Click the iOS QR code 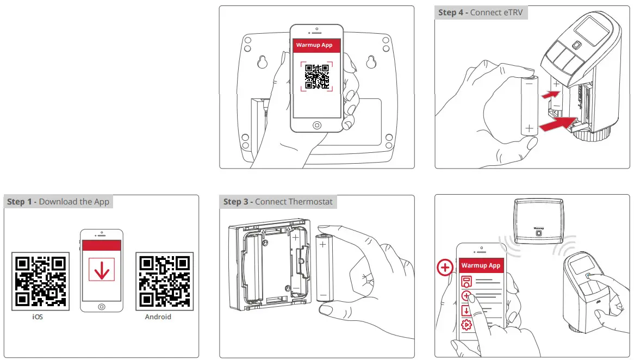coord(40,281)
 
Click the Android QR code coord(164,281)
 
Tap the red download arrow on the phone coord(102,269)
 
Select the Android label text coord(158,316)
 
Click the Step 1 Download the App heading coord(58,202)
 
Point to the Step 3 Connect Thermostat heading coord(278,202)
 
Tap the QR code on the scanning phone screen coord(317,77)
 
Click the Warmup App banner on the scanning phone coord(317,45)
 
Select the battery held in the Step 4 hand coord(529,106)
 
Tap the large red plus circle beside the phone coord(445,268)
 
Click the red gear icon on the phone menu coord(466,325)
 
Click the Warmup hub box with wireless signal coord(538,220)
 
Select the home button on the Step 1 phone coord(102,307)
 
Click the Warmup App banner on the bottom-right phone coord(481,265)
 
